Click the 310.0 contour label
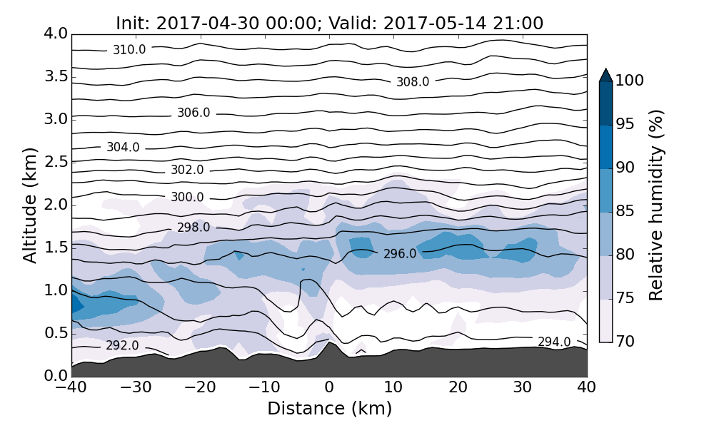tap(129, 50)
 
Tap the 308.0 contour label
tap(413, 82)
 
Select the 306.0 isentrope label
tap(193, 113)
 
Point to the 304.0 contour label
tap(123, 148)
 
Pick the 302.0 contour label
tap(187, 170)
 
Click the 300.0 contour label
tap(187, 198)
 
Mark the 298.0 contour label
tap(193, 228)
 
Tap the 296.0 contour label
tap(400, 254)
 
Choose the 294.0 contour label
tap(554, 342)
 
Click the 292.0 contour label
tap(122, 346)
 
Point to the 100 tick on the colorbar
tap(630, 81)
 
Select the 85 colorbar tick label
tap(625, 212)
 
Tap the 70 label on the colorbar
tap(625, 342)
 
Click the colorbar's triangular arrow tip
tap(605, 73)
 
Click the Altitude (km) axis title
tap(30, 205)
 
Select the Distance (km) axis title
tap(329, 409)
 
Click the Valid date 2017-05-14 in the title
tap(445, 24)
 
